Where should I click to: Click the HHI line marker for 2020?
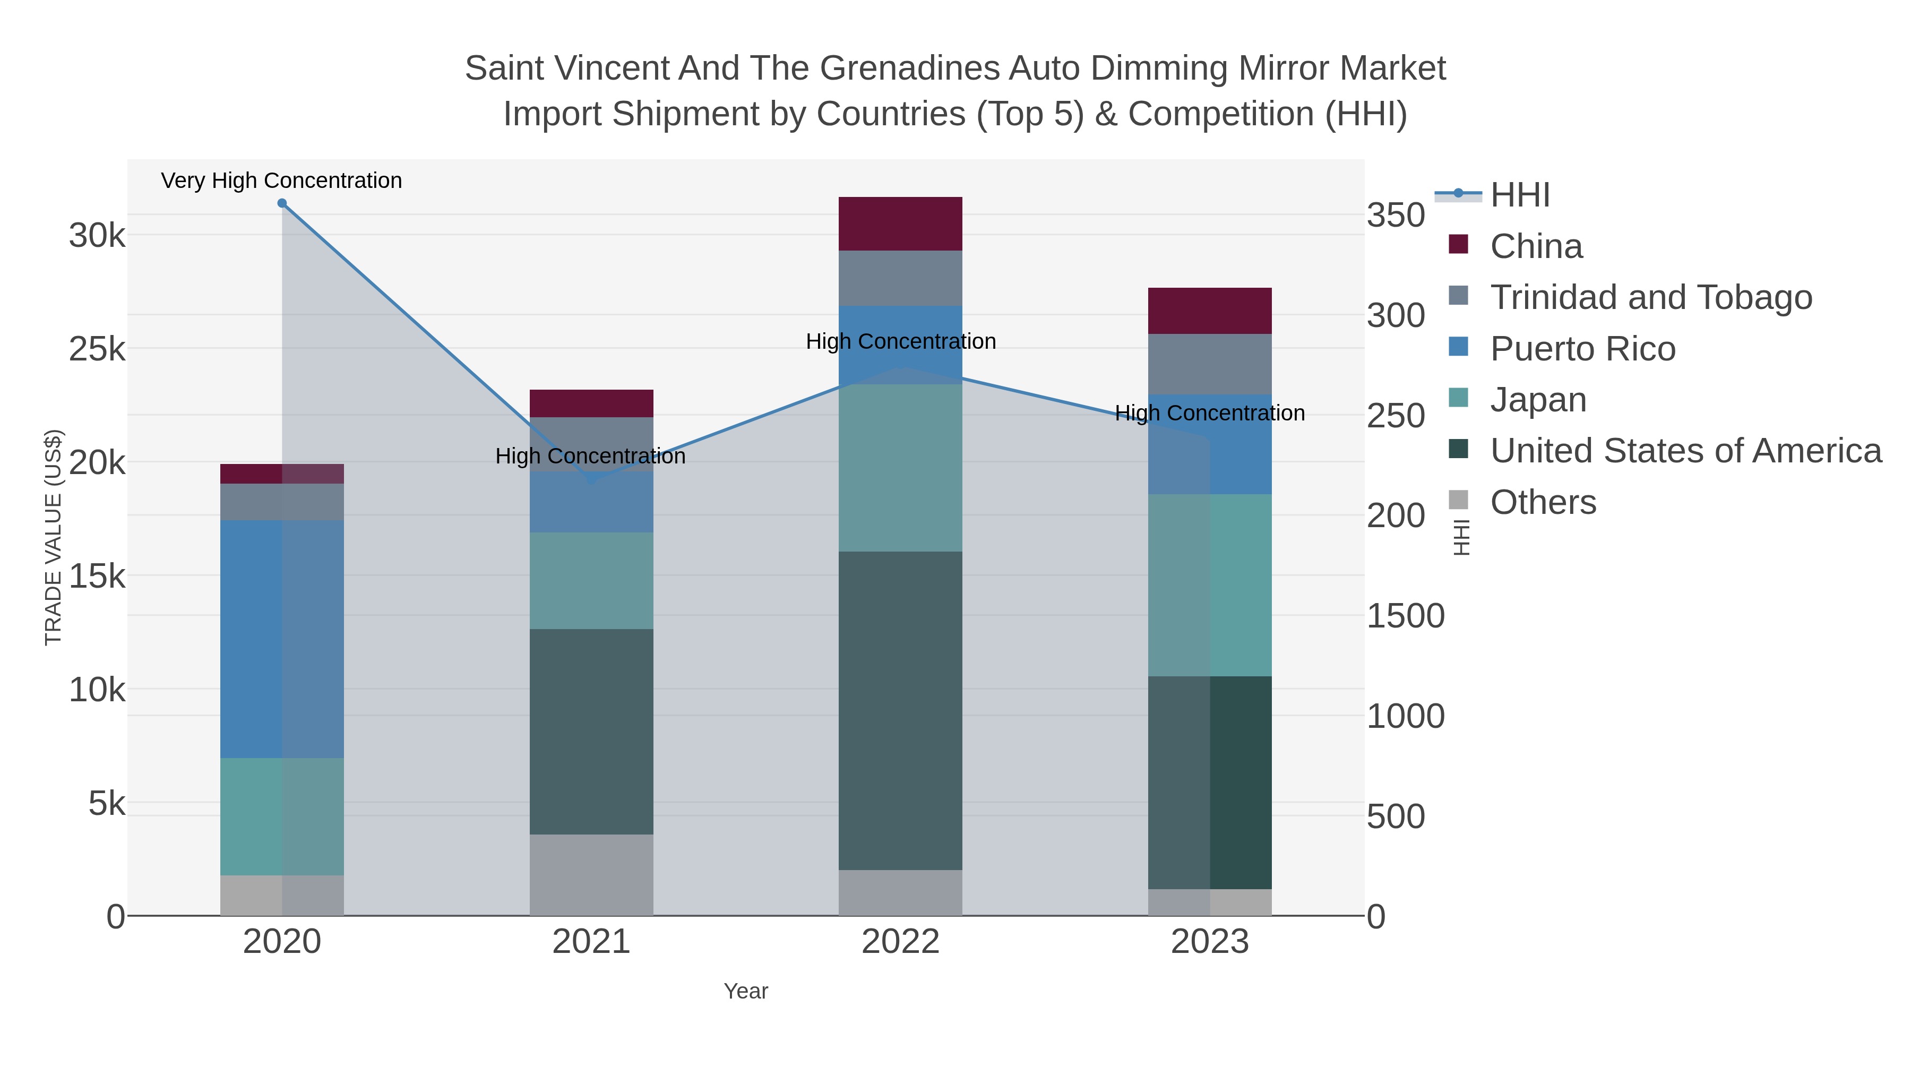282,203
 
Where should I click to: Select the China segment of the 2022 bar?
900,223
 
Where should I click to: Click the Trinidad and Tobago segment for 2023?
1210,364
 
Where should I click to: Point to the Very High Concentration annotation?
281,180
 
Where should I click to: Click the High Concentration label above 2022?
901,341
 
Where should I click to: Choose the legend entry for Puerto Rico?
1582,349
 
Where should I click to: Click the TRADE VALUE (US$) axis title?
54,537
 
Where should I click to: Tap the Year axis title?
746,991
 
